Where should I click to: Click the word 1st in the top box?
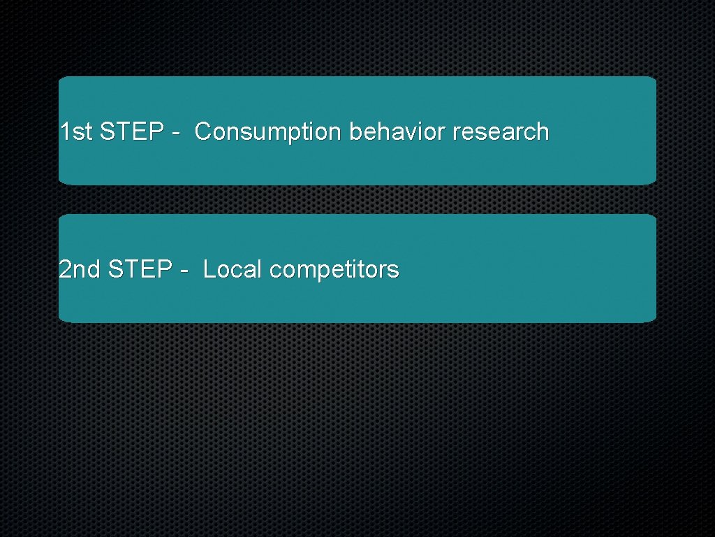pyautogui.click(x=76, y=131)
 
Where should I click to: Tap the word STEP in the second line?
pyautogui.click(x=141, y=269)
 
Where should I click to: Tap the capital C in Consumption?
pyautogui.click(x=203, y=131)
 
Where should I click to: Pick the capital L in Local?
pyautogui.click(x=208, y=269)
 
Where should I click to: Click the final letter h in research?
pyautogui.click(x=543, y=131)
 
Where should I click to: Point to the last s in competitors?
pyautogui.click(x=394, y=271)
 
